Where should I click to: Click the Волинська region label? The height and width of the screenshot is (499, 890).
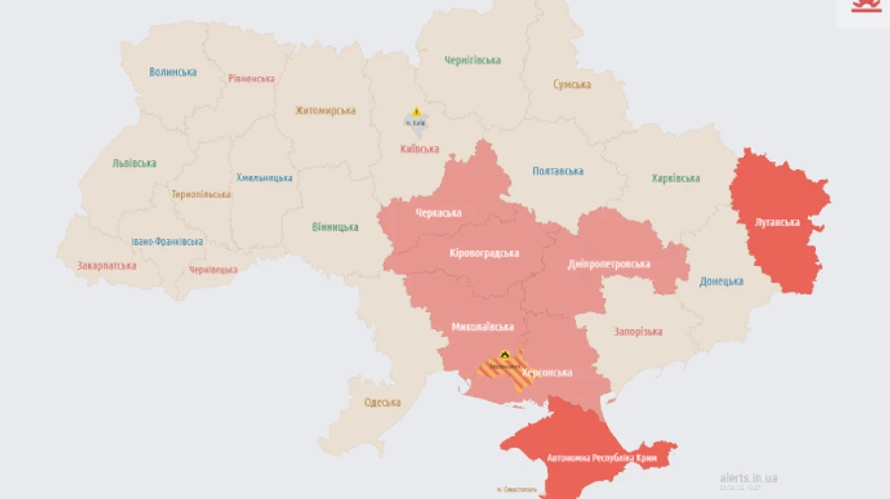point(173,72)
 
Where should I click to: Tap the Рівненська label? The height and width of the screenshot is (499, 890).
point(251,79)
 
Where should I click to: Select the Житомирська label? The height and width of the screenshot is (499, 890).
point(324,111)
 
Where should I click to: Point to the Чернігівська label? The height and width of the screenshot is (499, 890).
point(472,60)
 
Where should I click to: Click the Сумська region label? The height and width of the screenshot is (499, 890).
point(573,85)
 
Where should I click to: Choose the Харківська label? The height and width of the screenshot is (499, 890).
point(675,179)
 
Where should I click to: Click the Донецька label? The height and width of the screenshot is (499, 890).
point(721,282)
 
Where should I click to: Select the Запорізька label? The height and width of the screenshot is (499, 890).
point(638,332)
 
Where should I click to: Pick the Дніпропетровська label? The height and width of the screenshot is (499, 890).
point(609,265)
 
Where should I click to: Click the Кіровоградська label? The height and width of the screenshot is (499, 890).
point(485,254)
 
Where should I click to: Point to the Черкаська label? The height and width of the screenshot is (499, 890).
point(439,213)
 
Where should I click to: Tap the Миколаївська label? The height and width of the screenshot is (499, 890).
point(483,327)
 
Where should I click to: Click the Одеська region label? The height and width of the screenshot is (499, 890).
point(383,403)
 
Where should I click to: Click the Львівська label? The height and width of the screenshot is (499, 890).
point(134,163)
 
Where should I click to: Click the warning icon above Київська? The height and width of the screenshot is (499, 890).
point(417,112)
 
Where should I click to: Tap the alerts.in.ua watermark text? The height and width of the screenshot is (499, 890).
point(749,478)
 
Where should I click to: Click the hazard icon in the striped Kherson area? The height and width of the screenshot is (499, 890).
point(504,354)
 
